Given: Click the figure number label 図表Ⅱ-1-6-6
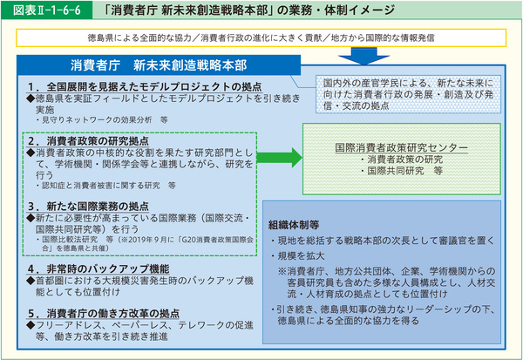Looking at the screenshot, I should point(33,11).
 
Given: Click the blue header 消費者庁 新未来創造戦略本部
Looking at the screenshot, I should point(160,65).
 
